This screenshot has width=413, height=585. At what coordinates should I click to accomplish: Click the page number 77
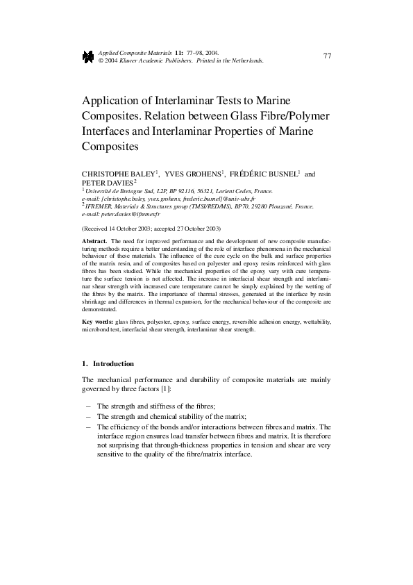click(x=327, y=56)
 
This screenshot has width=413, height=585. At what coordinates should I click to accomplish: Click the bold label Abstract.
click(x=94, y=240)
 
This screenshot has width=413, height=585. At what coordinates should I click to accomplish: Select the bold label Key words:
click(x=97, y=323)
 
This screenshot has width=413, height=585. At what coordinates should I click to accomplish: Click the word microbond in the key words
click(x=96, y=331)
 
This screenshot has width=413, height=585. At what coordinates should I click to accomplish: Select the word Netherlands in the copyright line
click(x=245, y=60)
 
